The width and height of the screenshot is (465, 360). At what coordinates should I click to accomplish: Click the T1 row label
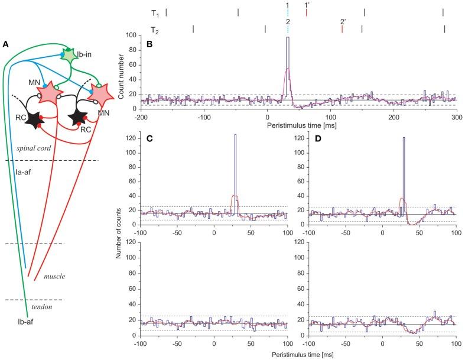pos(155,13)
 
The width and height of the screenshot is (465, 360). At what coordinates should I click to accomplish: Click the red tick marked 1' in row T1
pos(306,12)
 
